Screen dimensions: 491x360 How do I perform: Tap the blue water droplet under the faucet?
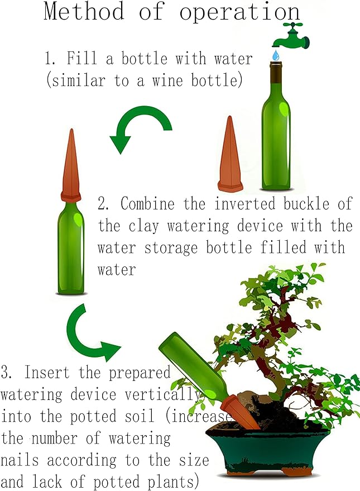[x=276, y=55]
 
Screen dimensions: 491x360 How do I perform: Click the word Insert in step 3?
[x=50, y=372]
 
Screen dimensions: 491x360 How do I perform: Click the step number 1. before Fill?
[x=51, y=58]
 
